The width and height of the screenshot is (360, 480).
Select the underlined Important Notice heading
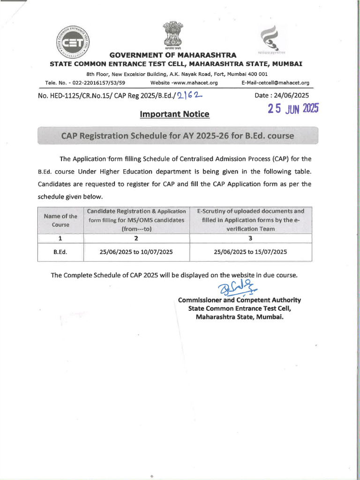(x=174, y=114)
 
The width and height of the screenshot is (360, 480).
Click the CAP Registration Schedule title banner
(x=178, y=136)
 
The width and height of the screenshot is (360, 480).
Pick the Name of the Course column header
(x=60, y=220)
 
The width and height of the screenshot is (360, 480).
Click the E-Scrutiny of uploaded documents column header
(x=250, y=220)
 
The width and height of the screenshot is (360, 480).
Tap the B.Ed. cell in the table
(x=60, y=252)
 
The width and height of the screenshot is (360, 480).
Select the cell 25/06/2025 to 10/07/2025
(x=136, y=252)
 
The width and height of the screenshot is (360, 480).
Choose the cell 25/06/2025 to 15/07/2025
(x=250, y=252)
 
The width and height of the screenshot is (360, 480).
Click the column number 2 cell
(x=136, y=239)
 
